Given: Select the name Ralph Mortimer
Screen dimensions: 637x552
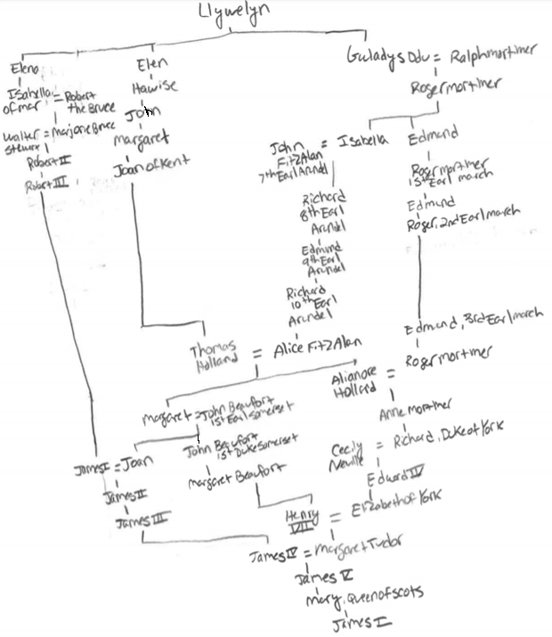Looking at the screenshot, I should coord(492,55).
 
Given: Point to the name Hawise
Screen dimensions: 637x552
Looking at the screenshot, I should coord(155,86).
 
